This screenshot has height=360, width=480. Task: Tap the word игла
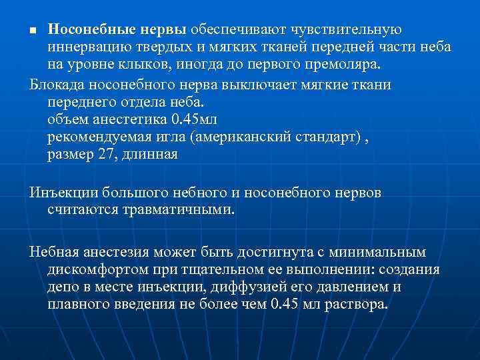(x=169, y=137)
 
